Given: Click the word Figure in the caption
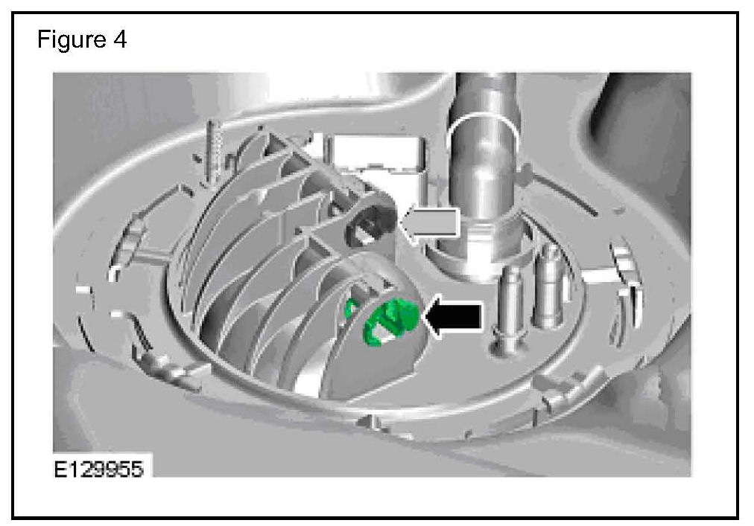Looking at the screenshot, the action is [72, 40].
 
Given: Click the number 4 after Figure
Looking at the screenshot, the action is [120, 39].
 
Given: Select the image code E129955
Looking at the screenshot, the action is [98, 469].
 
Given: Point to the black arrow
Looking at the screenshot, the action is [452, 317].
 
